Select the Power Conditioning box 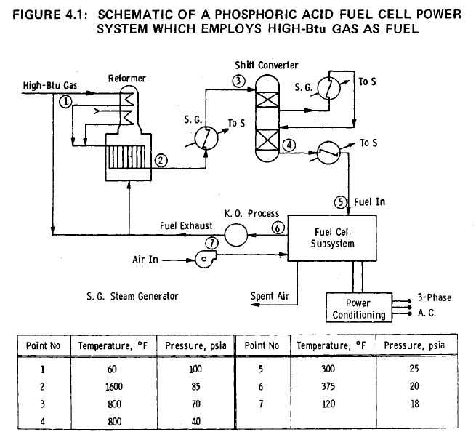click(x=358, y=308)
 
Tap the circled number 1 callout click(x=65, y=103)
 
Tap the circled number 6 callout click(x=276, y=228)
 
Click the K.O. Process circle click(x=237, y=234)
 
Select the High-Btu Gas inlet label click(x=40, y=87)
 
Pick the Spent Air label click(x=273, y=296)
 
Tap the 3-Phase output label click(x=436, y=297)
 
